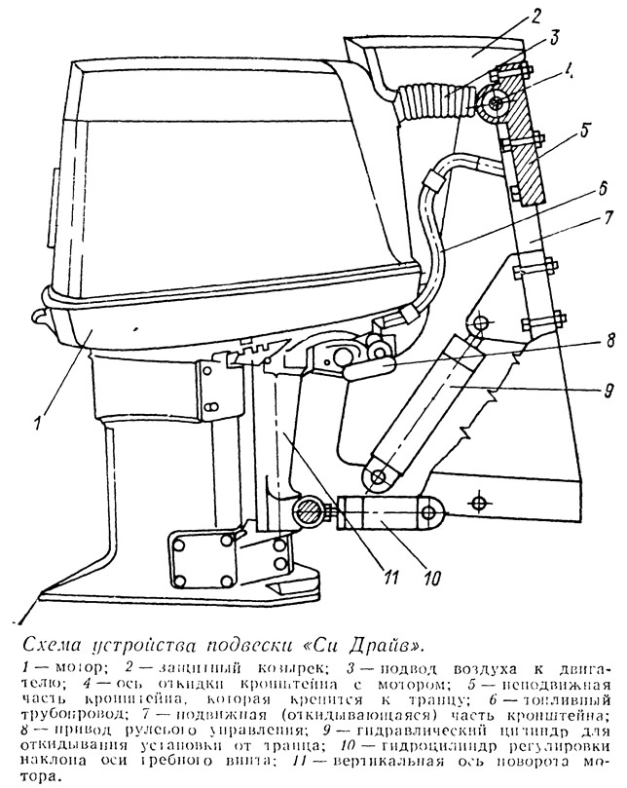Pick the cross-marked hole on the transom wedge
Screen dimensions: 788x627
click(x=478, y=502)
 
